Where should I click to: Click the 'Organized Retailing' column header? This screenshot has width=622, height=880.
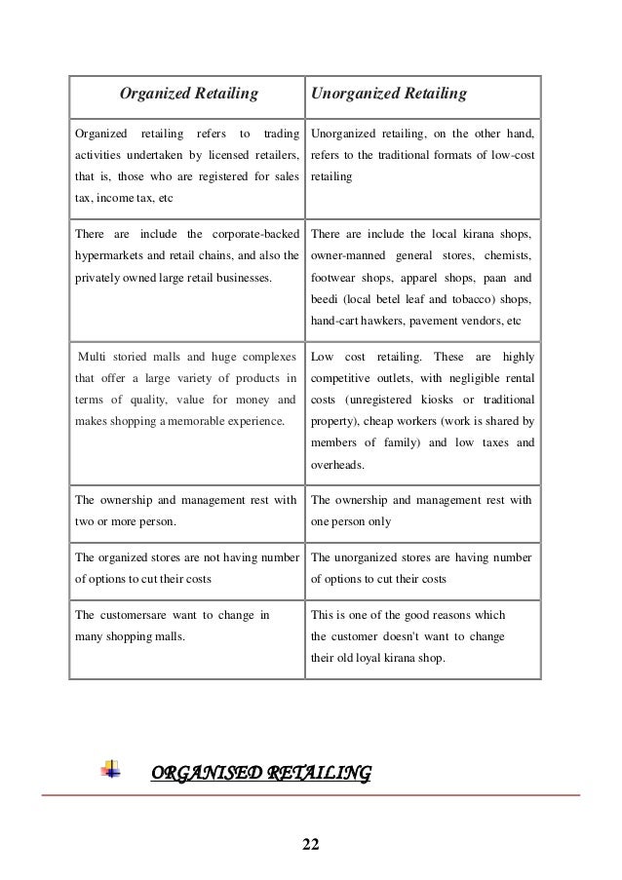pyautogui.click(x=188, y=95)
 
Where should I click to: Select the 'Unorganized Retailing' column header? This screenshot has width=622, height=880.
pyautogui.click(x=388, y=95)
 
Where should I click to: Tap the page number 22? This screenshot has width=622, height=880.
pyautogui.click(x=310, y=842)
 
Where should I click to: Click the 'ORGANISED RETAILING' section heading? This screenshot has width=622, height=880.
pyautogui.click(x=260, y=775)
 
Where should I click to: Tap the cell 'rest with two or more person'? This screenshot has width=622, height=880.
pyautogui.click(x=185, y=511)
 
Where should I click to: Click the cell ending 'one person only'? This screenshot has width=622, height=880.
pyautogui.click(x=420, y=511)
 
